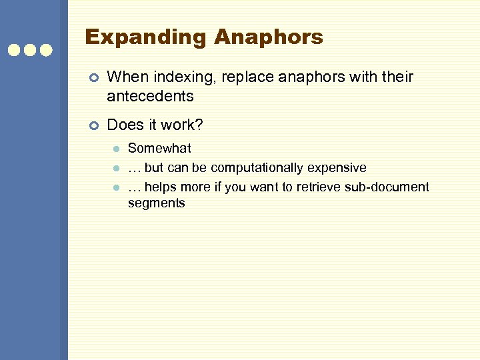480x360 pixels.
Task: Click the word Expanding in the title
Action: (146, 38)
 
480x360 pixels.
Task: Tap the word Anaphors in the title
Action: (269, 37)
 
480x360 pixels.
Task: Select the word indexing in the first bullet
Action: (171, 78)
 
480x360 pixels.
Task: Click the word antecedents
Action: (150, 96)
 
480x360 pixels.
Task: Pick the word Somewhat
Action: (159, 148)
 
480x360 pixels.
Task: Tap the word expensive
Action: (337, 167)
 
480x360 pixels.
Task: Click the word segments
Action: (156, 203)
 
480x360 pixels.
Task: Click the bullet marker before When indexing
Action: (93, 78)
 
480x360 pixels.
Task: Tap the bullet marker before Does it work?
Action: (93, 125)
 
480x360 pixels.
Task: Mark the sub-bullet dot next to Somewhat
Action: (115, 149)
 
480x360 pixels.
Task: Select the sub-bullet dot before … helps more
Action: (115, 187)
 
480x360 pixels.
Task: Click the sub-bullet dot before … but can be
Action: (115, 168)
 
